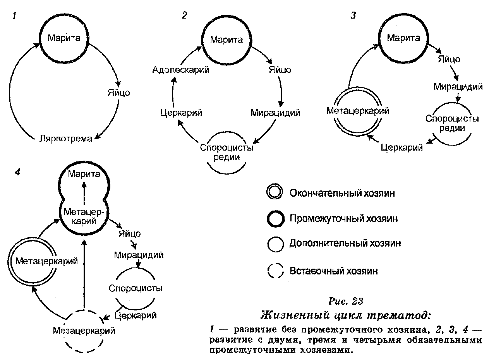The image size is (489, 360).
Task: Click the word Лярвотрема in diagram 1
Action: click(66, 139)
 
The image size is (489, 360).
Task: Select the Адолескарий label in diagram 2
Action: click(175, 70)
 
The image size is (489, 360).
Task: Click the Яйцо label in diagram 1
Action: click(118, 93)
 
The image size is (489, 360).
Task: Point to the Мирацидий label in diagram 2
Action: click(275, 113)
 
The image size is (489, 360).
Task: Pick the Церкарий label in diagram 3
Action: click(401, 147)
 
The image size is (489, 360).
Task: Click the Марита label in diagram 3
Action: click(403, 38)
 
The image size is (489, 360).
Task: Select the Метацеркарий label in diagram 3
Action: click(358, 111)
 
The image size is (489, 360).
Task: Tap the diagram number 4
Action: click(17, 172)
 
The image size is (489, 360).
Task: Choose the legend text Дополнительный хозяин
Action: click(345, 243)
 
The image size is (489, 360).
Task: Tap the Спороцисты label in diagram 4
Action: click(136, 288)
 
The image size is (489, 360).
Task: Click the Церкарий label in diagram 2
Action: click(181, 113)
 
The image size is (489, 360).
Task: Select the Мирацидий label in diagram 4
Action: click(139, 255)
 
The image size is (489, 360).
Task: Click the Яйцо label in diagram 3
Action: click(449, 60)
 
